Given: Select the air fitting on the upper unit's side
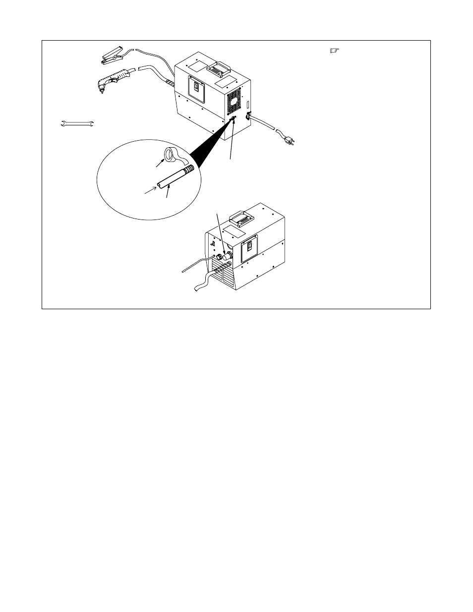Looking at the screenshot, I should point(234,118).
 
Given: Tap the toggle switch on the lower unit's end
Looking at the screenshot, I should point(213,244).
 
